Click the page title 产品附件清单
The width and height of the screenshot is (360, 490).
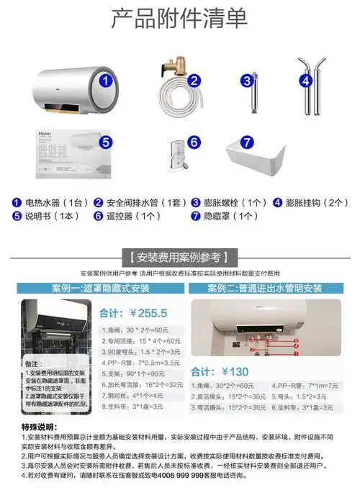179,19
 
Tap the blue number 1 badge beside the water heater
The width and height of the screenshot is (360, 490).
105,81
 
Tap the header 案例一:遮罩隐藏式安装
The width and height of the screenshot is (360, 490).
101,289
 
